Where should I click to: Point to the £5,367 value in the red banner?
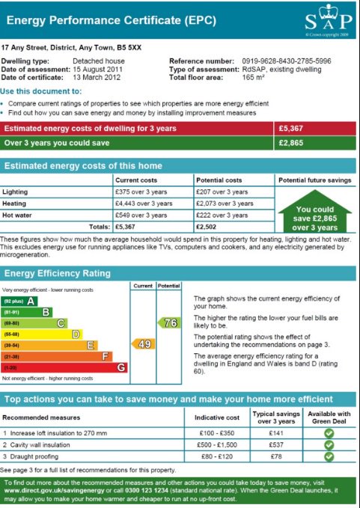pos(292,129)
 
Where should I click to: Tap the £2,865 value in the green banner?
pos(292,142)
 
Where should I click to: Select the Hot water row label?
pos(17,215)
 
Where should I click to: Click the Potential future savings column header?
pos(314,180)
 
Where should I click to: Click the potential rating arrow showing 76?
pos(169,322)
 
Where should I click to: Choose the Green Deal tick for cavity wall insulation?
pos(329,444)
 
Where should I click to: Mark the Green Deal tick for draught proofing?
pos(329,456)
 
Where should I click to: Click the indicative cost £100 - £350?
pos(217,433)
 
